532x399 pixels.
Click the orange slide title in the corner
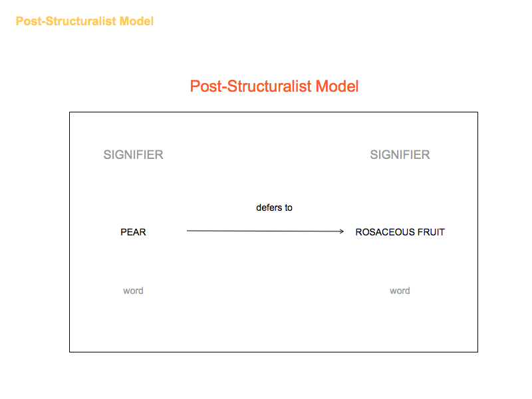coord(84,21)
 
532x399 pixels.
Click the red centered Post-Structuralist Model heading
coord(274,86)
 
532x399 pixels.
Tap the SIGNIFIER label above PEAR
coord(134,155)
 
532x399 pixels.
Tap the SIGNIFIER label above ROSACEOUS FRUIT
coord(400,155)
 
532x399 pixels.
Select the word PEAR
coord(134,232)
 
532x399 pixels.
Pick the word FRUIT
coord(431,232)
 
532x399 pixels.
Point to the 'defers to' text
coord(274,207)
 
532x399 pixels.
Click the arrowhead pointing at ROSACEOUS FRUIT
coord(342,231)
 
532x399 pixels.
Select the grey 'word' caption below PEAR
coord(134,291)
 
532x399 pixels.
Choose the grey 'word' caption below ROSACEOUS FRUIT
coord(400,291)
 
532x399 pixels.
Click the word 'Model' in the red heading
coord(337,86)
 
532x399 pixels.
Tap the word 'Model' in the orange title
coord(136,21)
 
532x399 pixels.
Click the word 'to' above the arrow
coord(289,207)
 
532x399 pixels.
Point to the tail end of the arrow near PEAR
coord(187,231)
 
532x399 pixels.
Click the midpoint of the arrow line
coord(265,231)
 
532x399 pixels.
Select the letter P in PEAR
coord(124,232)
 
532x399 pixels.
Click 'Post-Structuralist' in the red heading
coord(251,86)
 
